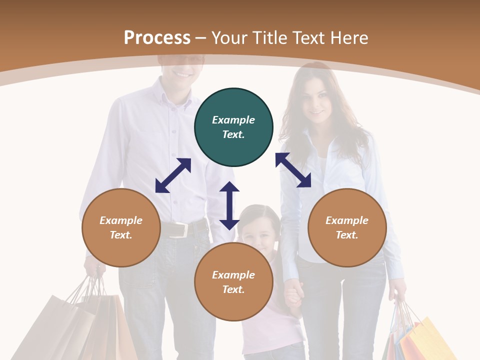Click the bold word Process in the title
pyautogui.click(x=157, y=37)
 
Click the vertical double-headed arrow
pyautogui.click(x=229, y=205)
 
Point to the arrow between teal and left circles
pyautogui.click(x=173, y=175)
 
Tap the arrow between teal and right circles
pyautogui.click(x=293, y=170)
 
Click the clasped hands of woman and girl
pyautogui.click(x=294, y=295)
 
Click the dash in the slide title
pyautogui.click(x=200, y=38)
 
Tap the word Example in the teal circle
pyautogui.click(x=233, y=120)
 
